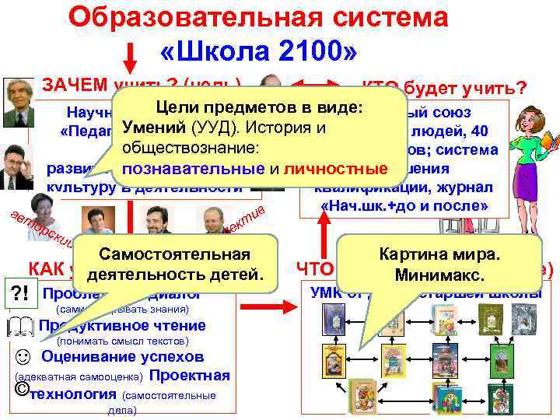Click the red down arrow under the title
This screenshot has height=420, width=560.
(x=131, y=57)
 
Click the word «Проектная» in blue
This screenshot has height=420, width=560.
(x=189, y=376)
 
